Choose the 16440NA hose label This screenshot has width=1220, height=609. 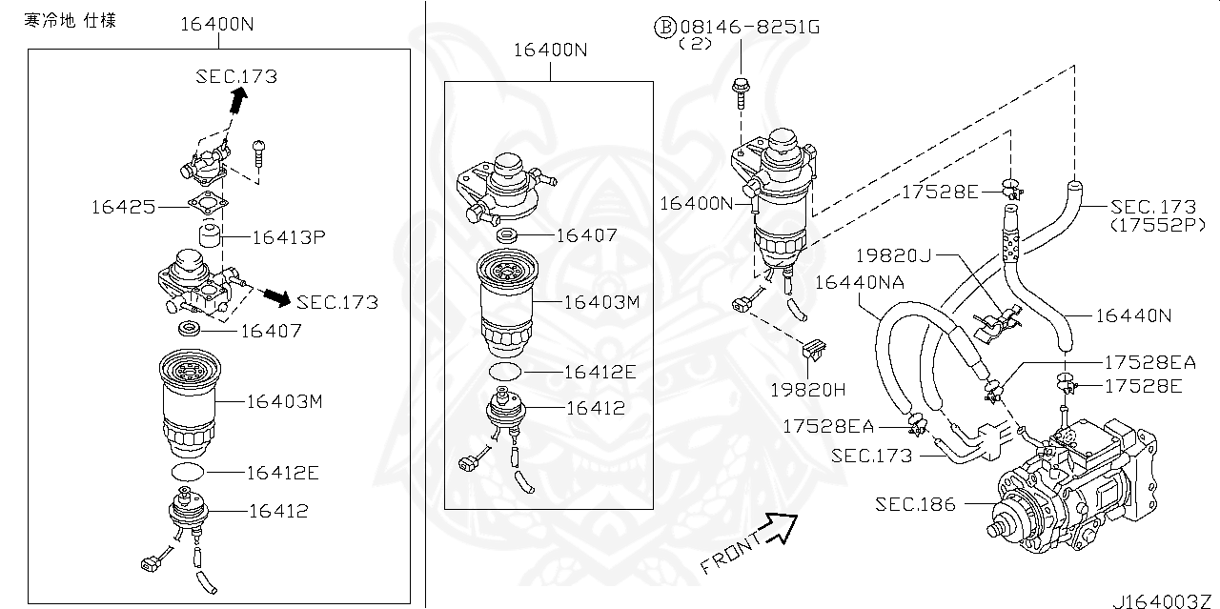coord(858,281)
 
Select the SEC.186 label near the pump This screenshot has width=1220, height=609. coord(915,504)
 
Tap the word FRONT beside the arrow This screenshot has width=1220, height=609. coord(730,553)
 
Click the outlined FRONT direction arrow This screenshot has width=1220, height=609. coord(780,525)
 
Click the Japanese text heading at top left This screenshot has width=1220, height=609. coord(70,20)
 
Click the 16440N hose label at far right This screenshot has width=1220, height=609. coord(1132,315)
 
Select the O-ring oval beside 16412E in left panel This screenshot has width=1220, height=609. coord(188,473)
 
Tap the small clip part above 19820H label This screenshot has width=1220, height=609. coord(812,352)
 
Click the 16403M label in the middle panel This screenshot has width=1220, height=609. coord(600,301)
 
